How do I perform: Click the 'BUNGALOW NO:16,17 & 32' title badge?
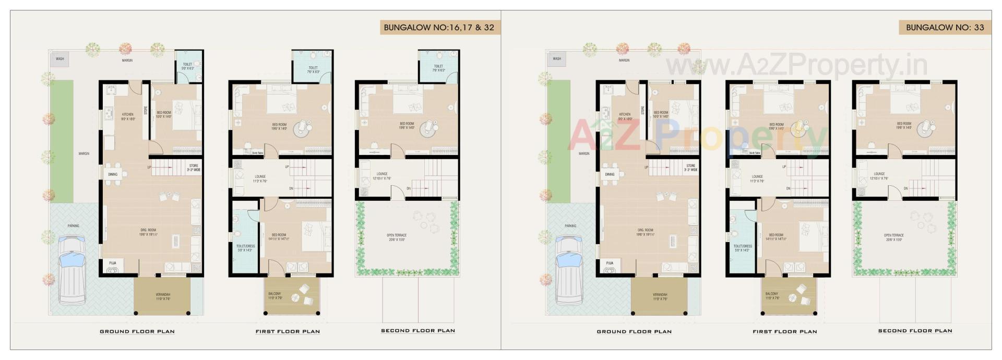439,28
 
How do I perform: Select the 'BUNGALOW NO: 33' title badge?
945,28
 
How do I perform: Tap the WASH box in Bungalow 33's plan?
557,59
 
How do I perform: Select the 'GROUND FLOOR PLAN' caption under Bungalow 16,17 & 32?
137,331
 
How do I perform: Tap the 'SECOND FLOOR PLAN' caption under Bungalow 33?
915,331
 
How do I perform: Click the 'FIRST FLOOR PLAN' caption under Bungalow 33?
785,331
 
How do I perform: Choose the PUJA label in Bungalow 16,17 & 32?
113,263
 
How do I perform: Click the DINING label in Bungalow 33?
610,174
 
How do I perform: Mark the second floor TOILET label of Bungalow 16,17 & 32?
438,67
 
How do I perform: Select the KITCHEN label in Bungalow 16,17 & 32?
128,114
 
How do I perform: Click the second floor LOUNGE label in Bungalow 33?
879,174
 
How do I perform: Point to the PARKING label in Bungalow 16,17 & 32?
73,226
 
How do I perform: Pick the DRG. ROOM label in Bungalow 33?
645,230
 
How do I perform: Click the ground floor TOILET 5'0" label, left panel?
187,65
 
